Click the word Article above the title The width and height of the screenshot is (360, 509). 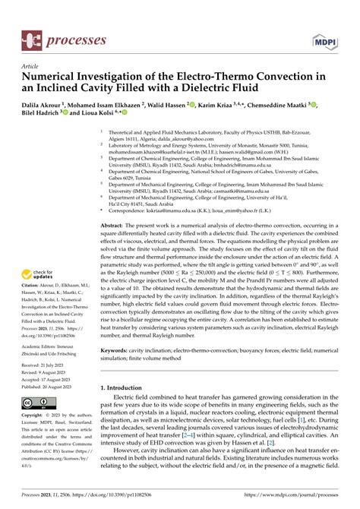[x=31, y=66]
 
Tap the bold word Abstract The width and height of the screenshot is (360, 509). [x=115, y=205]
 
